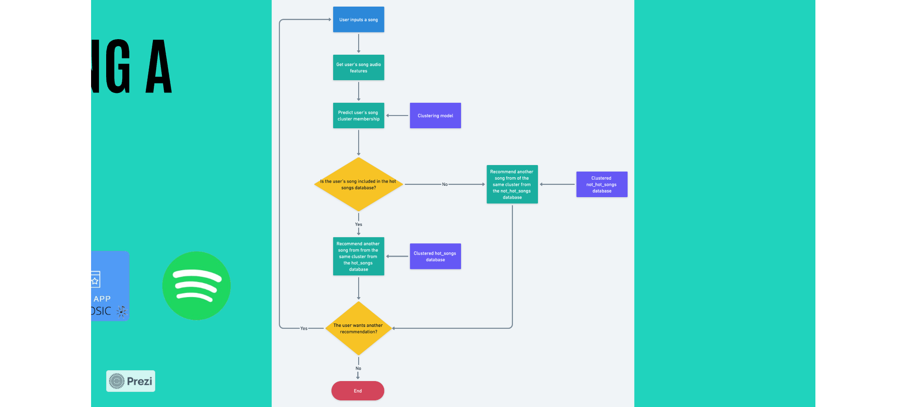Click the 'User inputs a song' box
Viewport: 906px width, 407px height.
point(358,19)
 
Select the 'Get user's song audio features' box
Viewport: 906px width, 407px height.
point(358,67)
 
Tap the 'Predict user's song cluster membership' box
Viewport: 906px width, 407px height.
point(358,116)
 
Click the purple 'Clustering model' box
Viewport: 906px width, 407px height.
point(435,116)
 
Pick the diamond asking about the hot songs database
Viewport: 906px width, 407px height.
point(358,184)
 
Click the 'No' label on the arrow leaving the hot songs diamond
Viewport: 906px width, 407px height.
point(445,184)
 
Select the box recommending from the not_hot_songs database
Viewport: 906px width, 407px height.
point(512,184)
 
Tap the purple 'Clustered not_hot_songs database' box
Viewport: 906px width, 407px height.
point(602,184)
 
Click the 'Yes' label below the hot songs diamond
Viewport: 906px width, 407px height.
point(359,224)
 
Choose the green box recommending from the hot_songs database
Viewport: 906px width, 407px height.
point(358,257)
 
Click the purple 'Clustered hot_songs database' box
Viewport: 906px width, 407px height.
point(435,257)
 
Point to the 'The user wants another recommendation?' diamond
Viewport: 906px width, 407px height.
point(358,328)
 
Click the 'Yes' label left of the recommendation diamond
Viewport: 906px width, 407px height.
point(304,328)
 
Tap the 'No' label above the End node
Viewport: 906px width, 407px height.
point(358,368)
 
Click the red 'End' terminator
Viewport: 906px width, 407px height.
point(358,391)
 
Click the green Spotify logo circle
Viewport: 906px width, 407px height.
point(196,286)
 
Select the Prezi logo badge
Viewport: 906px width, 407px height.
point(131,381)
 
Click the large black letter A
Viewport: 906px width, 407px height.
point(159,67)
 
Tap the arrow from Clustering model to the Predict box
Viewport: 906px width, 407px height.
point(397,116)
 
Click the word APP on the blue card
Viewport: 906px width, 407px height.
point(102,299)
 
